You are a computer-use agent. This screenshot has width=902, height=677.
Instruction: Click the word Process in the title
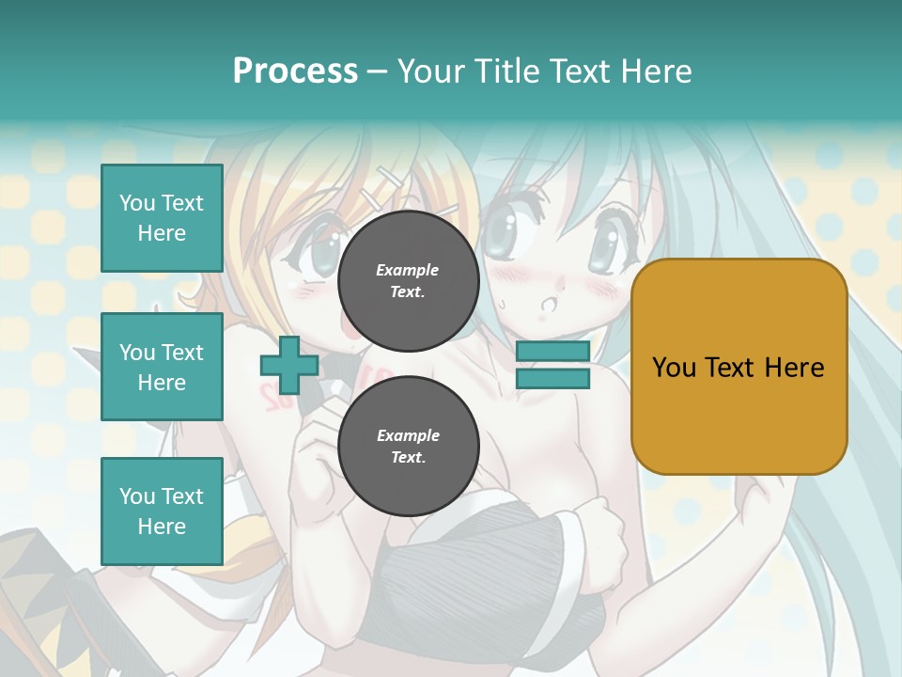(295, 71)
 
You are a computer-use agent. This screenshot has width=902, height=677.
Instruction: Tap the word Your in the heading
(429, 71)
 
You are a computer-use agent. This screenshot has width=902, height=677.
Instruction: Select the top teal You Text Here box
(162, 218)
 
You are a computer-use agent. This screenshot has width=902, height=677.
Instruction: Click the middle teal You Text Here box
(162, 367)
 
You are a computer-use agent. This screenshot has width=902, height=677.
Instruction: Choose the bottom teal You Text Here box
(162, 512)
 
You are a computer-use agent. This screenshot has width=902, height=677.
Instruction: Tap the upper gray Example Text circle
(408, 281)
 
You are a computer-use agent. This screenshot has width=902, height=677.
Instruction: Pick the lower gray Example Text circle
(408, 447)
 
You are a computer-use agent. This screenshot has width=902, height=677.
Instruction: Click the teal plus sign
(289, 365)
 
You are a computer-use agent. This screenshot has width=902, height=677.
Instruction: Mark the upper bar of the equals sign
(553, 352)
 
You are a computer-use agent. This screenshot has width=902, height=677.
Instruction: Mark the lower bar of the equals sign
(553, 379)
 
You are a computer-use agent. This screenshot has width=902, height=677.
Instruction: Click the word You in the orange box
(674, 368)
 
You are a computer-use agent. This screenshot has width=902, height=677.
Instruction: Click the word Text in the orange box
(729, 368)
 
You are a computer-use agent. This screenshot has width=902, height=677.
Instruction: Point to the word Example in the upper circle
(408, 271)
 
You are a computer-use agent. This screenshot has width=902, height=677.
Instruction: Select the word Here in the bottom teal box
(162, 527)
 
